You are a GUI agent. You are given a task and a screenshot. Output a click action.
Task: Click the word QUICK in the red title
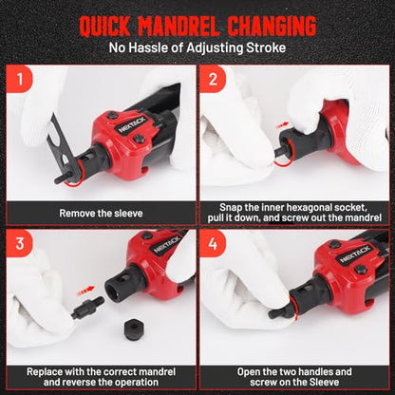[x=104, y=26]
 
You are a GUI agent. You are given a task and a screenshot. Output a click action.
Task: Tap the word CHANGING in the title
[x=272, y=26]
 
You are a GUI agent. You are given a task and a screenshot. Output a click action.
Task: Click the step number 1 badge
[x=20, y=79]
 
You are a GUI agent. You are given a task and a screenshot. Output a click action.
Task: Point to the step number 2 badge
[x=213, y=79]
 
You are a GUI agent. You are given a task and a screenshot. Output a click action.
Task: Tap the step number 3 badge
[x=20, y=243]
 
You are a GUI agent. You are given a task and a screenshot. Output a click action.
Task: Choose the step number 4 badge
[x=213, y=243]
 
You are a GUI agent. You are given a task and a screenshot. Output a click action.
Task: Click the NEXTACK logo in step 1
[x=132, y=124]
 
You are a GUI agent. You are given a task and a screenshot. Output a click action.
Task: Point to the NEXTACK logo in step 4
[x=355, y=254]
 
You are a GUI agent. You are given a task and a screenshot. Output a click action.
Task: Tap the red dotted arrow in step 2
[x=283, y=125]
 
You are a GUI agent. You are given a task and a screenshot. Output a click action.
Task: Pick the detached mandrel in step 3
[x=87, y=307]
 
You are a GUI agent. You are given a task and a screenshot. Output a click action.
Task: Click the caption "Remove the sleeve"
[x=101, y=213]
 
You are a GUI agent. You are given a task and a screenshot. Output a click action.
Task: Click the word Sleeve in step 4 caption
[x=323, y=382]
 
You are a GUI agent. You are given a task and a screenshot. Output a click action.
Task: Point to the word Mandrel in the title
[x=179, y=26]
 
